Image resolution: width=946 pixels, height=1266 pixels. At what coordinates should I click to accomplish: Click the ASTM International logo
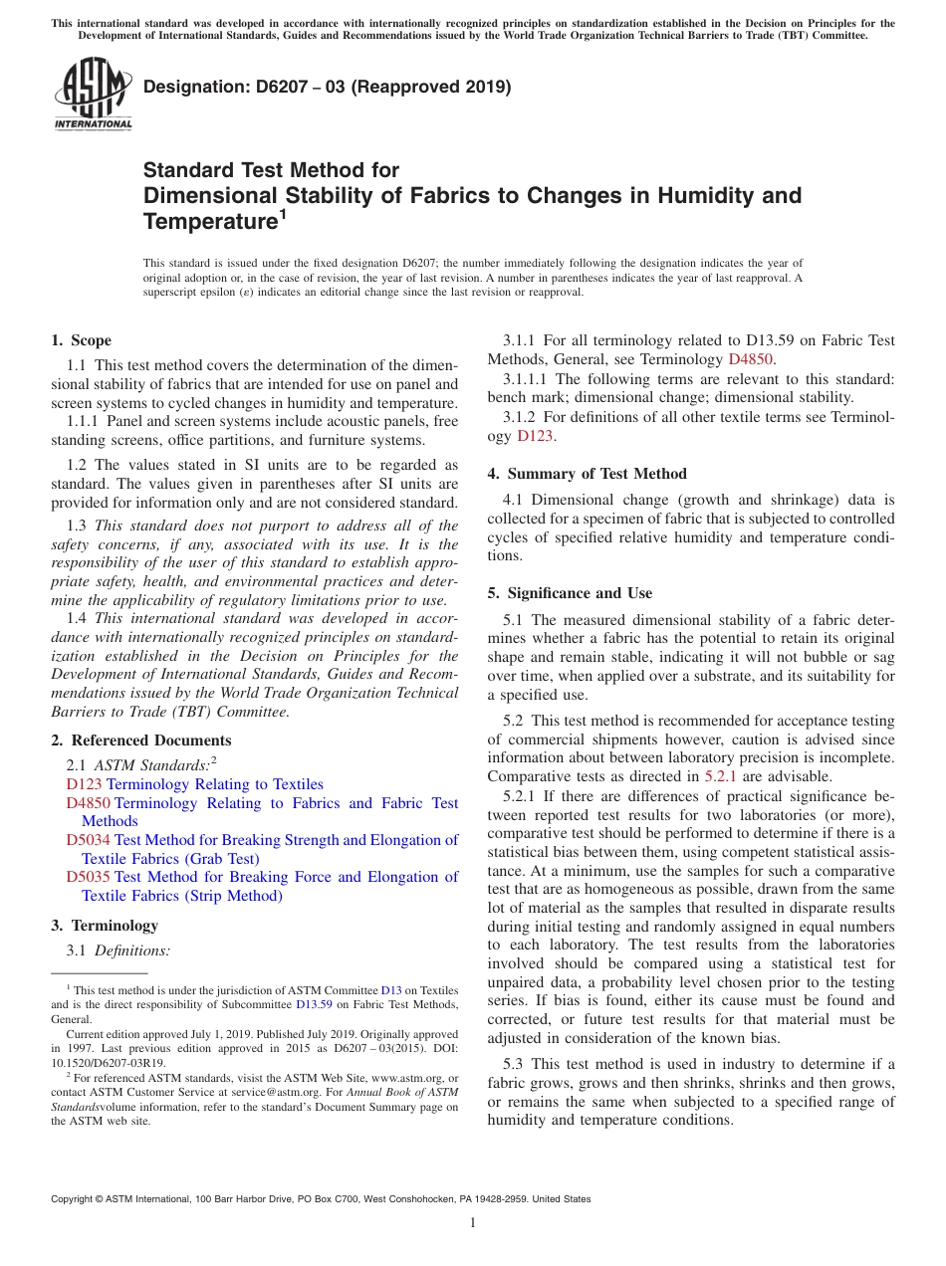(x=93, y=95)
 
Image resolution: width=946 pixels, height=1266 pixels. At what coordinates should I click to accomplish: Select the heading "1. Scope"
(x=82, y=340)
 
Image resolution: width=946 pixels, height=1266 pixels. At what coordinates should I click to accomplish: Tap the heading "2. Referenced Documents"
(x=141, y=740)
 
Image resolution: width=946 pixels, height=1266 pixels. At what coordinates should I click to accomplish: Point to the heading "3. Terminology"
(x=105, y=926)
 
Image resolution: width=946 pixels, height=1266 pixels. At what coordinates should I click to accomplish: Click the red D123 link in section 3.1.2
(x=536, y=435)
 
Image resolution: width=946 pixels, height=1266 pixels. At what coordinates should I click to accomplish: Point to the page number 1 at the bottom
(x=473, y=1222)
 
